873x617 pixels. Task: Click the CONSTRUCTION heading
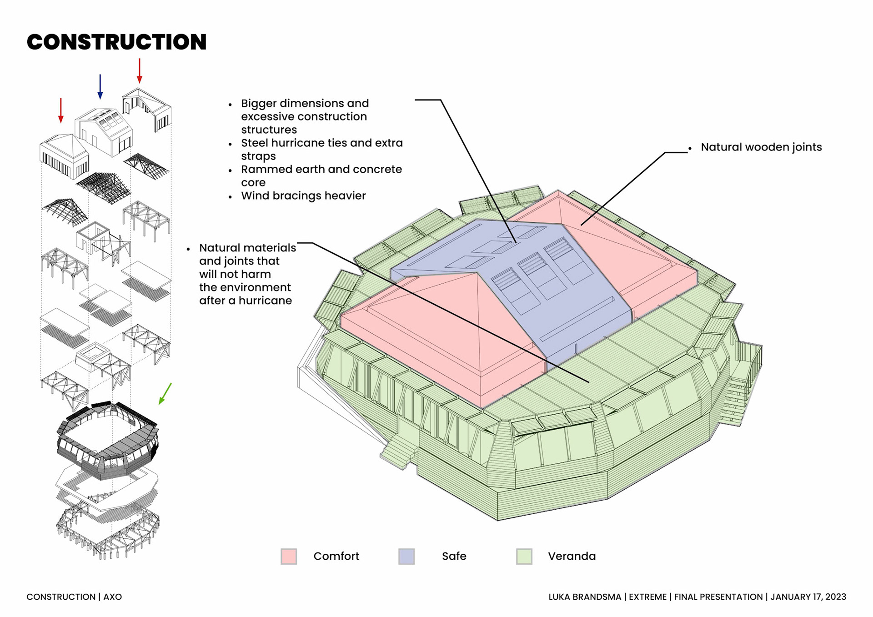[x=116, y=42]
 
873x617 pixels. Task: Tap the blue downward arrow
[x=100, y=86]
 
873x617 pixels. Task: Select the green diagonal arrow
[x=165, y=393]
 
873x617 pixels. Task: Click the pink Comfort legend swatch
[x=289, y=556]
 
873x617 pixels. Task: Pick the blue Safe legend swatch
[x=406, y=556]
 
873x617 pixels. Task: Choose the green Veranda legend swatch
[x=524, y=556]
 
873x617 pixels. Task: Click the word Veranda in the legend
[x=572, y=556]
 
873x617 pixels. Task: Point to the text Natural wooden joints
[x=761, y=147]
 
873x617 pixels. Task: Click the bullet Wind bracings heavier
[x=303, y=196]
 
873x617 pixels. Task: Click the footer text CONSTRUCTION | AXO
[x=74, y=597]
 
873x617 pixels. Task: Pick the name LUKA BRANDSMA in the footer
[x=584, y=597]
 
